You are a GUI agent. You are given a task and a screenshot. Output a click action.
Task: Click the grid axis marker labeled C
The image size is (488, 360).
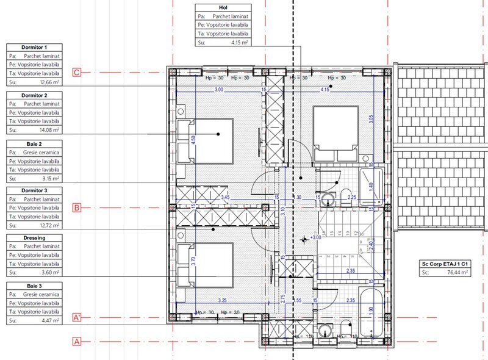pyautogui.click(x=77, y=72)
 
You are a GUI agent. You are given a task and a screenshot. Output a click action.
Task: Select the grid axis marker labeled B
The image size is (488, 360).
pyautogui.click(x=77, y=207)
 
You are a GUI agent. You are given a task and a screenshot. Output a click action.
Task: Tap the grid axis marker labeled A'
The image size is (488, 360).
pyautogui.click(x=77, y=318)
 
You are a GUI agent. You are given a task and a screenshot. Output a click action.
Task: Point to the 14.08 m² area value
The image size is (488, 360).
pyautogui.click(x=49, y=130)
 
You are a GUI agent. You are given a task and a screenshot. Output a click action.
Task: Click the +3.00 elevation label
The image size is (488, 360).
pyautogui.click(x=315, y=237)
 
